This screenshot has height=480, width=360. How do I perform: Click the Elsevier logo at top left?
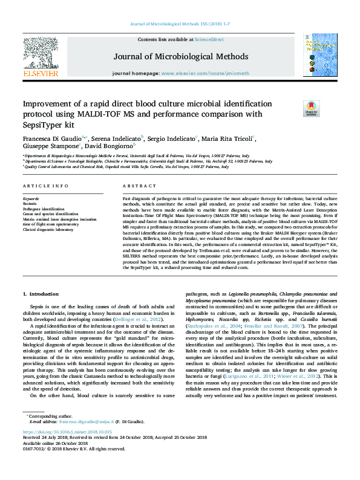41,58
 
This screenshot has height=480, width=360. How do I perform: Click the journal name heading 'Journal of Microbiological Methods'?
180,57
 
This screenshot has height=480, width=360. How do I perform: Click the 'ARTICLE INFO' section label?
45,186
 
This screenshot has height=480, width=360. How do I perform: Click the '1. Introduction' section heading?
41,294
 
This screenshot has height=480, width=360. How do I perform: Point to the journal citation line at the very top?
180,24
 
